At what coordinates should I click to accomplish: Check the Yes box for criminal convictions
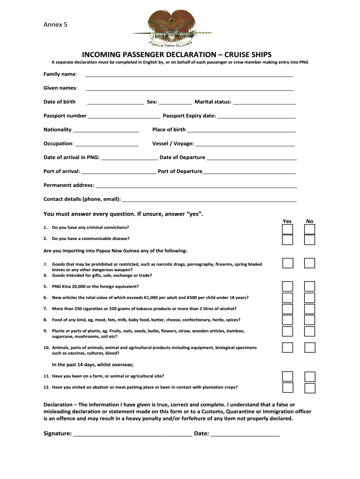288,229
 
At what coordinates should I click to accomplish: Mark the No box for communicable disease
310,240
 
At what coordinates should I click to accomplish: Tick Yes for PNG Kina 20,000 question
288,286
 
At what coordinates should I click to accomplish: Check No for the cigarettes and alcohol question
310,309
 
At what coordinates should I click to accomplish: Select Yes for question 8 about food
288,320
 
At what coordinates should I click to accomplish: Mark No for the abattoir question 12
310,388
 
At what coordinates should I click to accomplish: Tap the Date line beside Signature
245,434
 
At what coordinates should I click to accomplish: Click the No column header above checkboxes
310,221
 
